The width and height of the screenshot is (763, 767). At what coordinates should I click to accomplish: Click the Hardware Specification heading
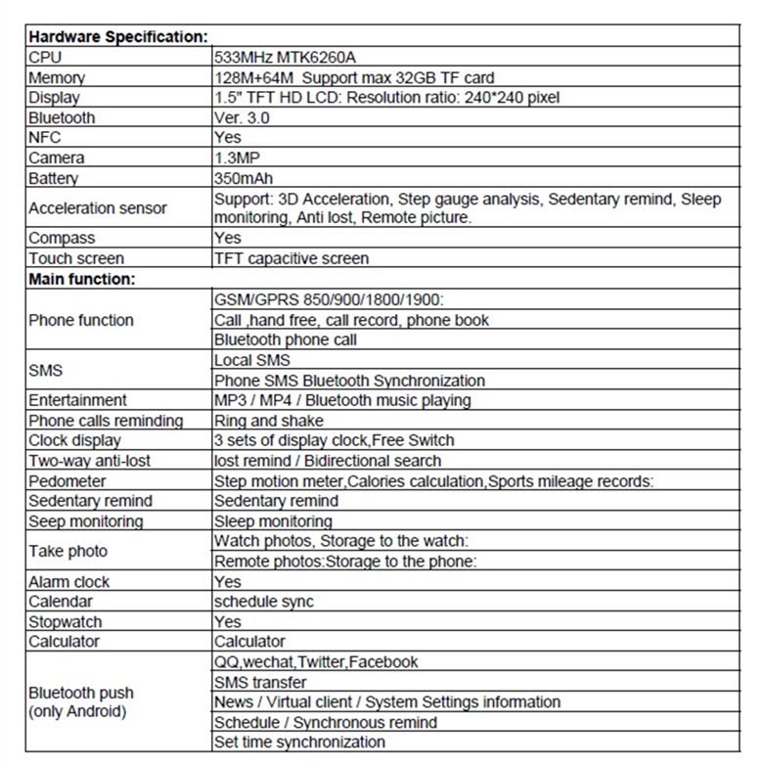click(117, 37)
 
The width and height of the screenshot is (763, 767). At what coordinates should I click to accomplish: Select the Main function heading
click(81, 279)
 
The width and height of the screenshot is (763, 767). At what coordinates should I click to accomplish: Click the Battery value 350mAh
click(244, 178)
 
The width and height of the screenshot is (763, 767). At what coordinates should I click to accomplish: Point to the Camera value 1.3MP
click(237, 158)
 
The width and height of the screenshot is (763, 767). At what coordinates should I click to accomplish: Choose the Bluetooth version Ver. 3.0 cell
click(242, 117)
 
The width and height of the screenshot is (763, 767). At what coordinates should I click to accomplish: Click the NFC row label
click(45, 138)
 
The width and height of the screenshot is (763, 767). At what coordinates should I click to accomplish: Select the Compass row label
click(62, 238)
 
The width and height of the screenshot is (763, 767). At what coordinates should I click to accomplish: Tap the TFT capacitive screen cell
click(292, 258)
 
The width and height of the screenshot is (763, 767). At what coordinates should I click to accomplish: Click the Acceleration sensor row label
click(98, 207)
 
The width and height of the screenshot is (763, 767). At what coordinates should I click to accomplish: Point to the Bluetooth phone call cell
click(286, 339)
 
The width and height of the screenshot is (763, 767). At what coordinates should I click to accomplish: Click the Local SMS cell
click(252, 360)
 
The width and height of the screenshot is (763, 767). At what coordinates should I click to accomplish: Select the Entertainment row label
click(77, 400)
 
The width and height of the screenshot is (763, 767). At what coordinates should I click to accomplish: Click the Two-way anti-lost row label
click(89, 461)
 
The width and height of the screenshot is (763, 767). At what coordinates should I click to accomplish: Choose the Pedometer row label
click(67, 481)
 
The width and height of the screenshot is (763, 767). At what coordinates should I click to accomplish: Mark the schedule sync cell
click(264, 602)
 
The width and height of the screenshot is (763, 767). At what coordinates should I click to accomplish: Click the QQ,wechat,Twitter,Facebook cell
click(316, 661)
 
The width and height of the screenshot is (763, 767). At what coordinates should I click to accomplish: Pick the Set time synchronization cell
click(299, 742)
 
